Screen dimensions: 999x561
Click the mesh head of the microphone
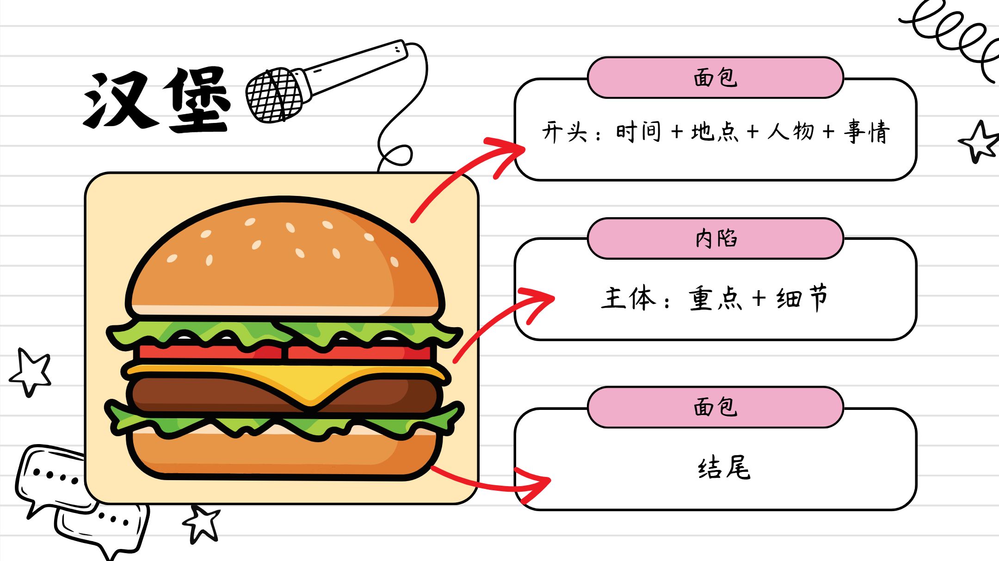(275, 96)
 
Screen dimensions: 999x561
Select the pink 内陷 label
(715, 238)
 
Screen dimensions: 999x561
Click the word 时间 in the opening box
(638, 132)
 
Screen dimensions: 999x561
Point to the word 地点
(715, 132)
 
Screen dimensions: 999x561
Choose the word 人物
(790, 132)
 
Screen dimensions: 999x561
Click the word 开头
(564, 132)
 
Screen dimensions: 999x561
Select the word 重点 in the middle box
(715, 298)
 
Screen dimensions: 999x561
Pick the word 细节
(802, 298)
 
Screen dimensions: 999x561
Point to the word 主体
(628, 298)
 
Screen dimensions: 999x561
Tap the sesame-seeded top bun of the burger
(284, 259)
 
